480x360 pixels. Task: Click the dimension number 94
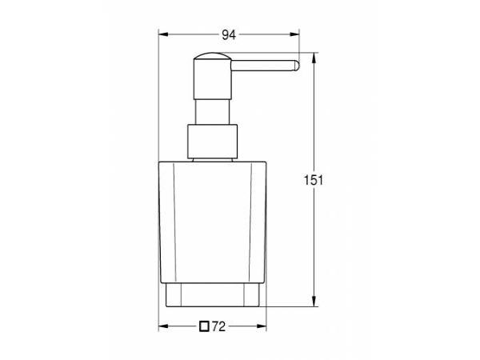[x=229, y=35]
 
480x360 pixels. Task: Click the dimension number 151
[x=313, y=180]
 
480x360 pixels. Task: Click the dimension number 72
[x=218, y=326]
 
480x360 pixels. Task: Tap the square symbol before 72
[x=204, y=326]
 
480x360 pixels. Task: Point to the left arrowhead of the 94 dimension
[x=163, y=34]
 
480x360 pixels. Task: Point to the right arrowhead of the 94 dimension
[x=294, y=34]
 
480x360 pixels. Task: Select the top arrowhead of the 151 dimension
[x=314, y=58]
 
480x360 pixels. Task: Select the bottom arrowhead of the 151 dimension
[x=314, y=302]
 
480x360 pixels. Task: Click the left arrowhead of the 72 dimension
[x=163, y=326]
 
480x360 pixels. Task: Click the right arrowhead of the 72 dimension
[x=262, y=326]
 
